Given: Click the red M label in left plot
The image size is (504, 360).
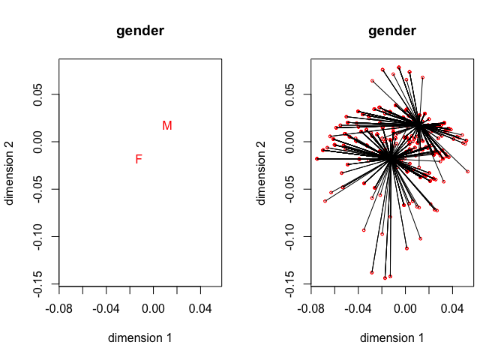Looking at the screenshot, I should point(166,126).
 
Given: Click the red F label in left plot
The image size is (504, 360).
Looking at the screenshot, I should point(139,159).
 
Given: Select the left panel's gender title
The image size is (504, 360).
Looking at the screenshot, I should point(140,31).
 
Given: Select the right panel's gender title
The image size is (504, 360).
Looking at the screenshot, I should point(392,31).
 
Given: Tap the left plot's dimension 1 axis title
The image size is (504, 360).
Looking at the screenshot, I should point(140,337).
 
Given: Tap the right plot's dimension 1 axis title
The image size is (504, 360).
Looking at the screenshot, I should point(392,337).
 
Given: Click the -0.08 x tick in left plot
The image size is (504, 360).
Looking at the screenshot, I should point(59,308).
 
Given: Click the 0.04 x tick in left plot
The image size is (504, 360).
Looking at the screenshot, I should point(200,308).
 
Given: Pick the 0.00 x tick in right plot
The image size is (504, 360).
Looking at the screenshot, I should point(405,308).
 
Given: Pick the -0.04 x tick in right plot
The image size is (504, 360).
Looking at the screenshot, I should point(358,308).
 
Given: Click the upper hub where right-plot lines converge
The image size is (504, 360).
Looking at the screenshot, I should point(418,124).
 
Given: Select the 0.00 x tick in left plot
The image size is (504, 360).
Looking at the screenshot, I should point(153,308).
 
